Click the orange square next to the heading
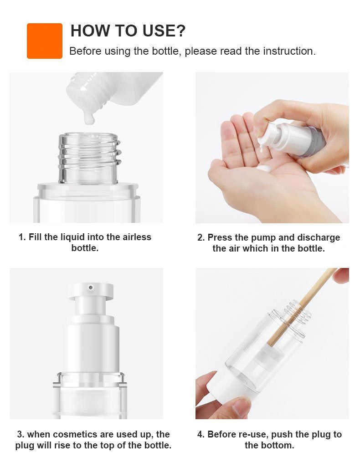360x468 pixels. point(45,41)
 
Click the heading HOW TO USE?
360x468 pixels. point(128,31)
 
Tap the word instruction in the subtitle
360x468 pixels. point(288,51)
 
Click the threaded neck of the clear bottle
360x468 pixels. point(89,157)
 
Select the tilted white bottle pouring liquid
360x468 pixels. point(114,89)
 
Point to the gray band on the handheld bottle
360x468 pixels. point(313,141)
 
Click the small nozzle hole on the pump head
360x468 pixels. point(91,288)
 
